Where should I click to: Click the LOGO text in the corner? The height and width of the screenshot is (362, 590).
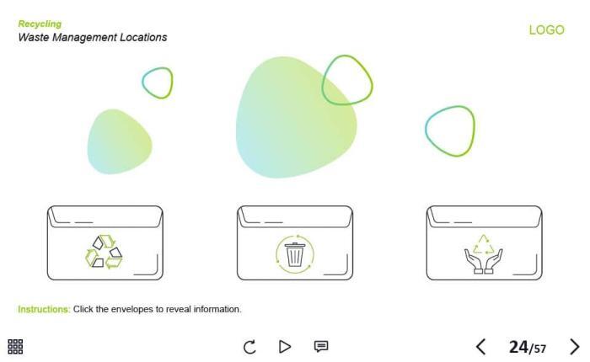pos(546,29)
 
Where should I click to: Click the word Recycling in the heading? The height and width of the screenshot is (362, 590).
pos(40,24)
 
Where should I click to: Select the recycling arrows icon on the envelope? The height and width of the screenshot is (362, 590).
pos(104,252)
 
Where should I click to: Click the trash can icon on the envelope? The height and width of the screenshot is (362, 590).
pos(295,253)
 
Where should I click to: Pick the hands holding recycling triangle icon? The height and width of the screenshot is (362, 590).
pos(484,254)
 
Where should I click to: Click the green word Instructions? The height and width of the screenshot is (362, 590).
pos(44,309)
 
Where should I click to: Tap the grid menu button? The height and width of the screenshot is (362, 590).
pos(15,346)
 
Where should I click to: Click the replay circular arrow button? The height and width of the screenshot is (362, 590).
pos(249,347)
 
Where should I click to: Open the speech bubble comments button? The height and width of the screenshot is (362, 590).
pos(321,346)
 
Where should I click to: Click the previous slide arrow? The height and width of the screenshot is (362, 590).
pos(480,347)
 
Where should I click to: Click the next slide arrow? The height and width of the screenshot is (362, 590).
pos(574,347)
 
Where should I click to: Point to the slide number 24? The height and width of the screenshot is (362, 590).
pos(518,347)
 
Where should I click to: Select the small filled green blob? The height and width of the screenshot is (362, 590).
pos(120,141)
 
